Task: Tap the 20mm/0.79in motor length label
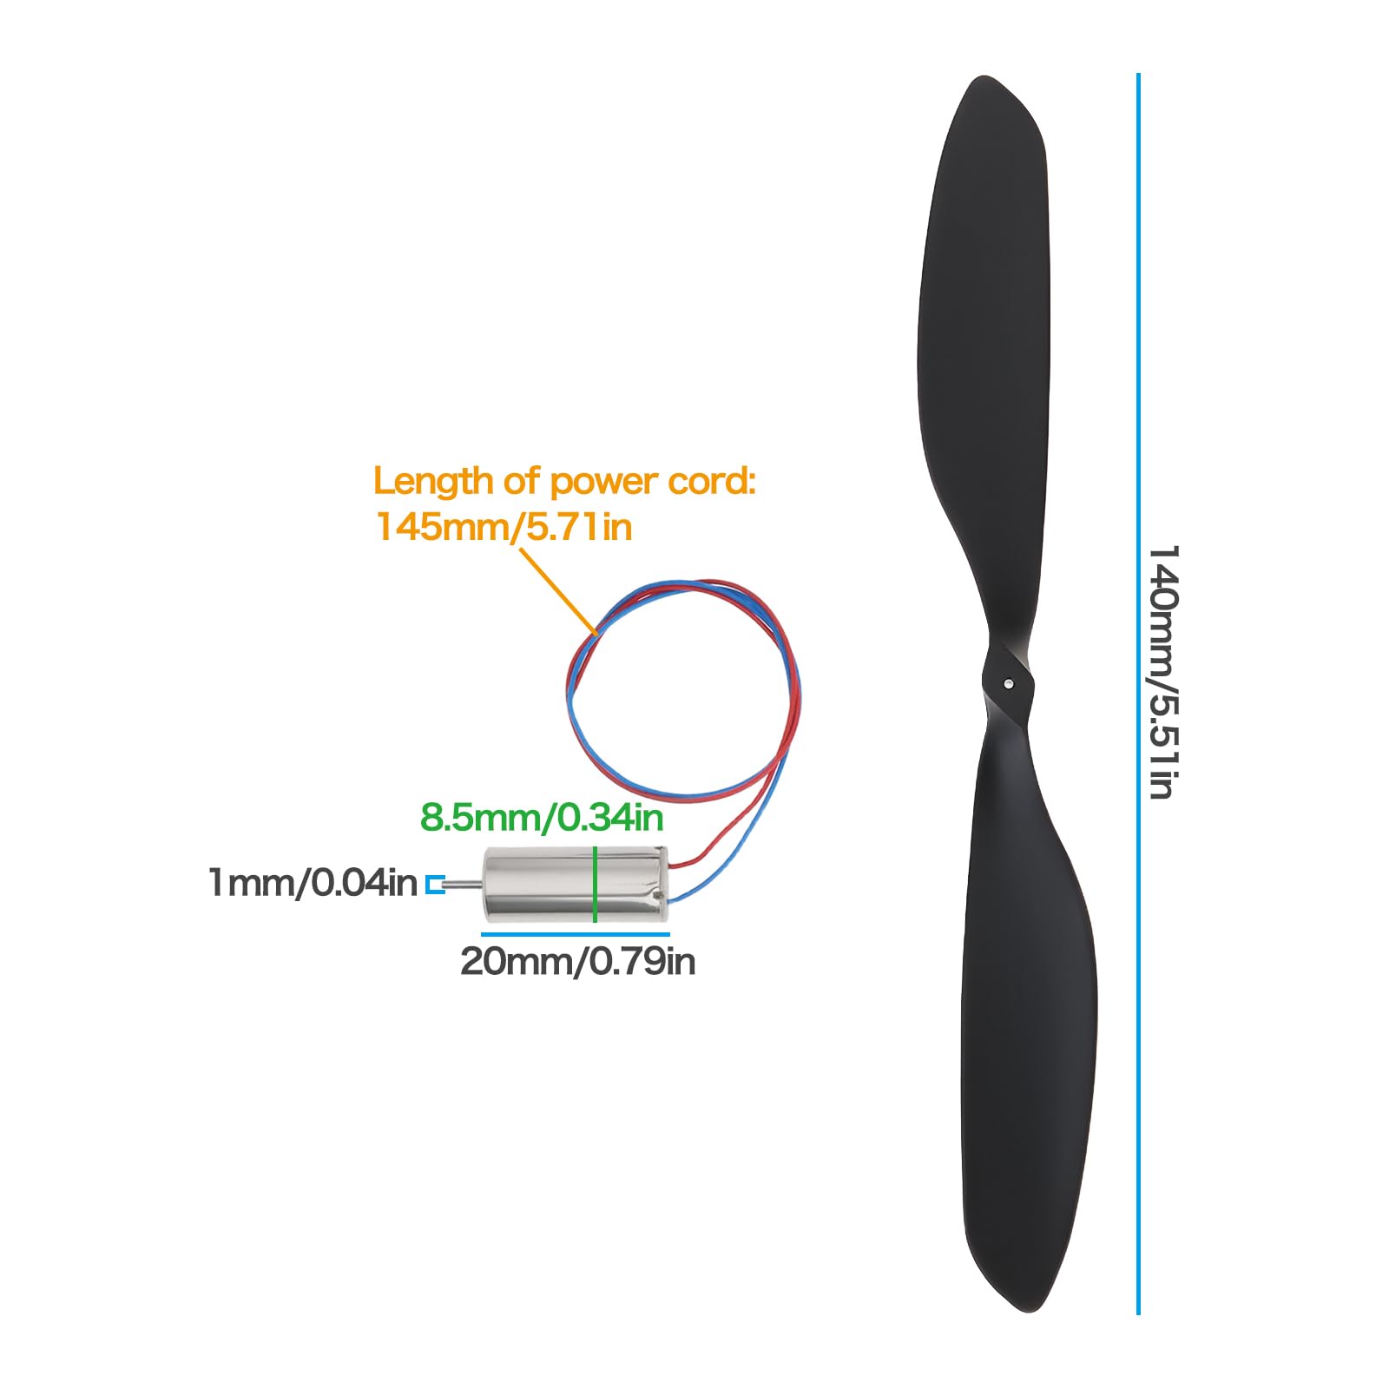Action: pos(577,962)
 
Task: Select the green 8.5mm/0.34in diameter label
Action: pos(542,818)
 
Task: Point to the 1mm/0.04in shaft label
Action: pos(313,883)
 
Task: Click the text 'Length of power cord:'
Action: pos(564,481)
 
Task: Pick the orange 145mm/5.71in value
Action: pos(504,527)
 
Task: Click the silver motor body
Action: pos(575,885)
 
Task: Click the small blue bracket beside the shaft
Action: pos(434,885)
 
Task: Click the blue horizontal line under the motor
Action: pos(576,934)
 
